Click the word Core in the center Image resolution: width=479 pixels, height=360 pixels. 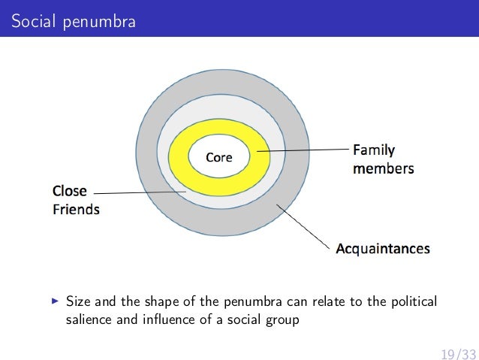tap(218, 158)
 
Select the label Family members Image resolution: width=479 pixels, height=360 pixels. tap(383, 159)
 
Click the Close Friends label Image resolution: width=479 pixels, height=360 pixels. tap(75, 198)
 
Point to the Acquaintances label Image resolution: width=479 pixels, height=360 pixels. tap(382, 247)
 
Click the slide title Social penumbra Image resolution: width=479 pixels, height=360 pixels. tap(74, 22)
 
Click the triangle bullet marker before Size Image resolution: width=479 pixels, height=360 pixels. tap(54, 302)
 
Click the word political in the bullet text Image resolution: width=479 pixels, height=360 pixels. tap(411, 302)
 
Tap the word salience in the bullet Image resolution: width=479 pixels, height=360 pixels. tap(85, 319)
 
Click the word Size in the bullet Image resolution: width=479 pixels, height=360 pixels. tap(78, 302)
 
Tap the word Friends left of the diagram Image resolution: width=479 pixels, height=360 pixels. tap(75, 209)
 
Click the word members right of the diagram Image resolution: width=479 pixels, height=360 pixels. tap(383, 168)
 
